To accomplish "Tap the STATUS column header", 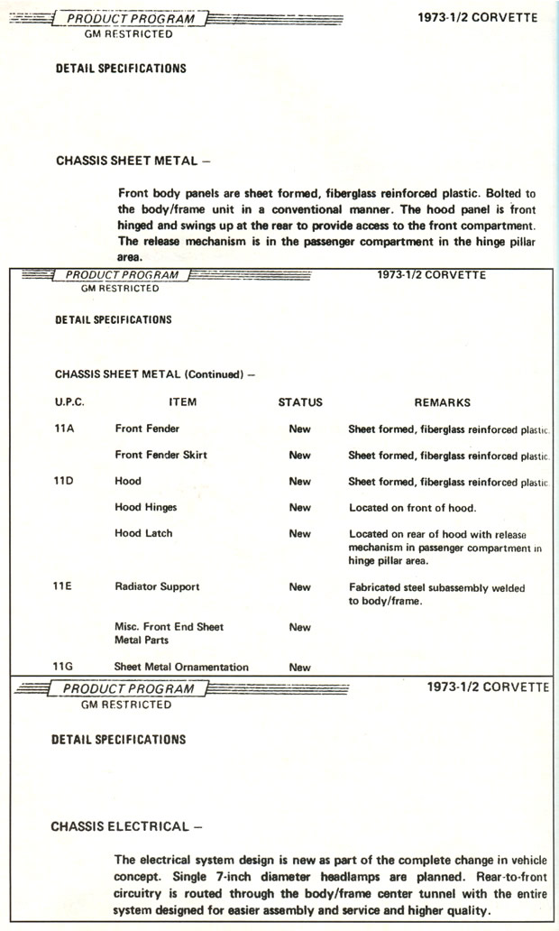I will [x=299, y=402].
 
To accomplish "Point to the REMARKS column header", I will [x=442, y=402].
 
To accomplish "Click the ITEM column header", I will [x=182, y=402].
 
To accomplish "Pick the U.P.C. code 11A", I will [x=64, y=429].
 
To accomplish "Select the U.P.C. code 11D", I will [x=64, y=481].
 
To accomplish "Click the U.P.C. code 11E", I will [x=64, y=586].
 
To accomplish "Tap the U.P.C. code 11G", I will [x=64, y=667].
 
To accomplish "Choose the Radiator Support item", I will [x=157, y=586].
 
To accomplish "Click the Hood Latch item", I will [x=143, y=533].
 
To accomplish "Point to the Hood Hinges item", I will [x=146, y=507].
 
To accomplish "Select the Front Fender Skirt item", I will [x=160, y=455].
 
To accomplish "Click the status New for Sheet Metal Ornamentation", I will [x=300, y=668].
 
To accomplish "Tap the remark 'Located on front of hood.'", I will [x=412, y=507].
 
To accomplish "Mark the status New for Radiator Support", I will [x=300, y=586].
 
